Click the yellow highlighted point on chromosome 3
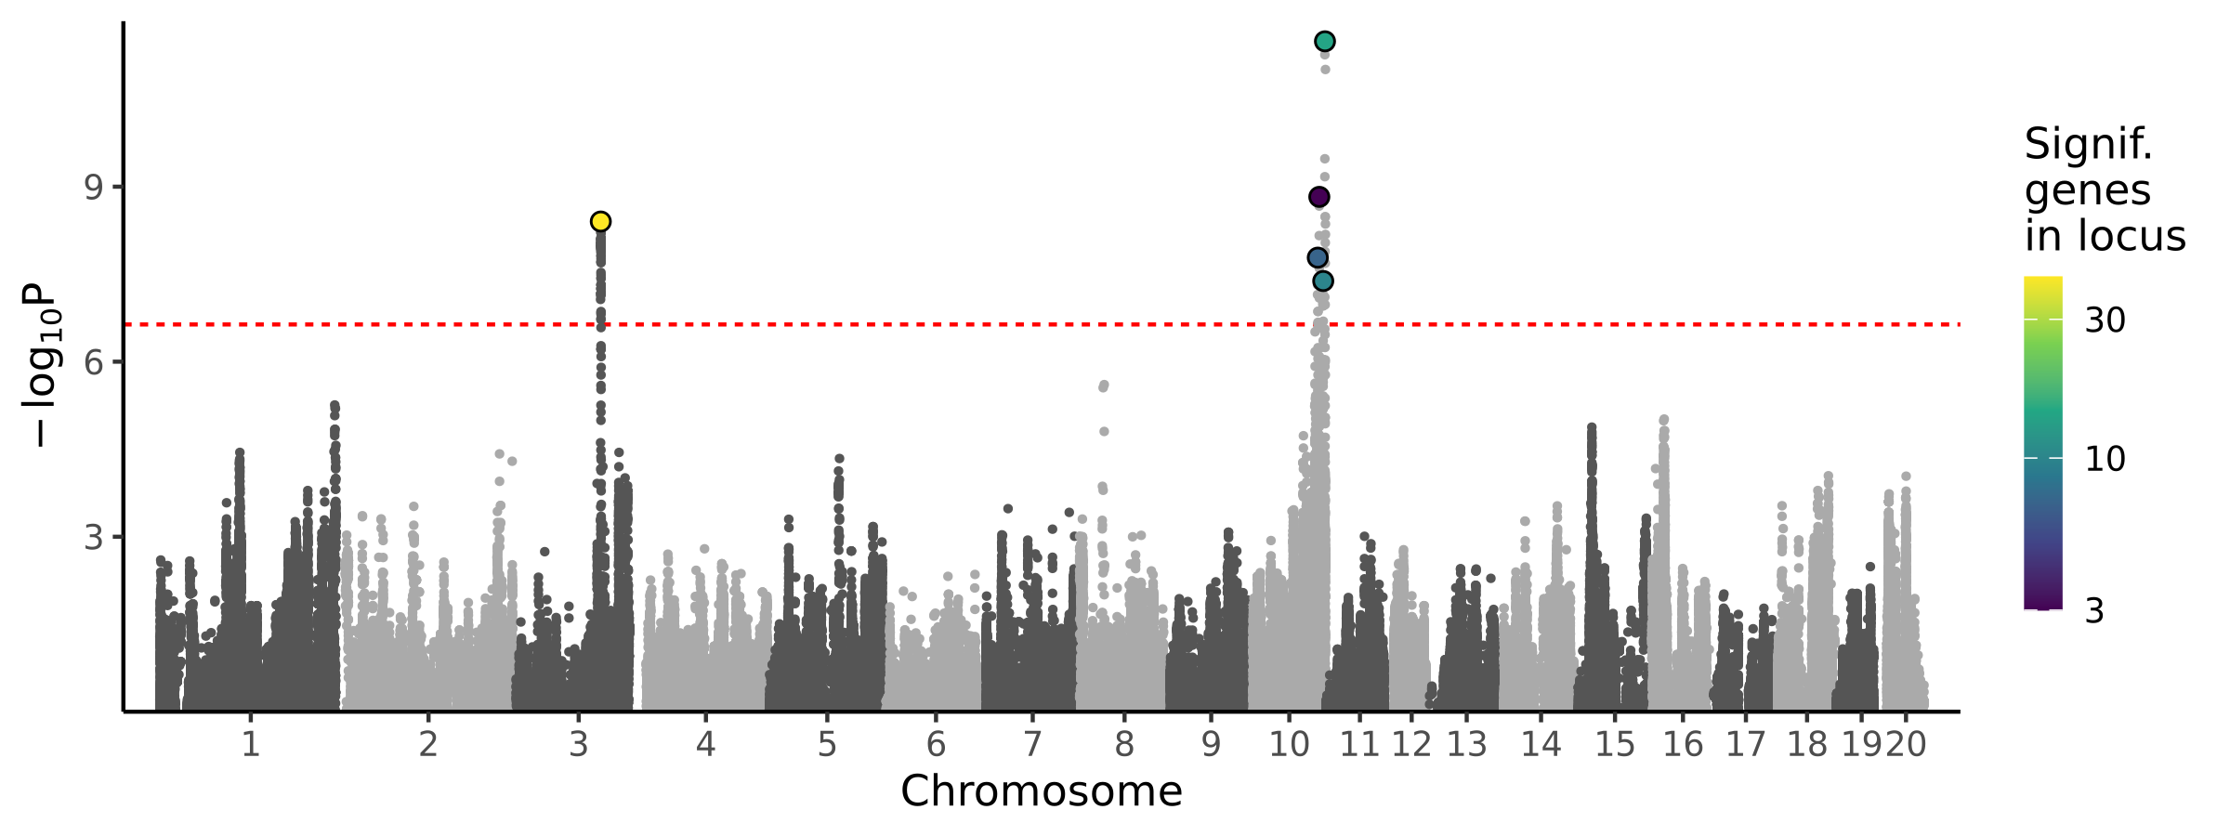600,221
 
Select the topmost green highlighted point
1325,41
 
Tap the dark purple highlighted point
1318,197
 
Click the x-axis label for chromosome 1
250,744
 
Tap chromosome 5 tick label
827,744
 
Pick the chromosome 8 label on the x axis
1124,744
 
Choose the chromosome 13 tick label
1467,744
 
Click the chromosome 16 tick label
1683,744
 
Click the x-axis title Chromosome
1041,791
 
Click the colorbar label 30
2105,320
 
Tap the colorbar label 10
2105,459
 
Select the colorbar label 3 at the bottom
2094,611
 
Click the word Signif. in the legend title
2088,145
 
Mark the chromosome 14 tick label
1541,744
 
